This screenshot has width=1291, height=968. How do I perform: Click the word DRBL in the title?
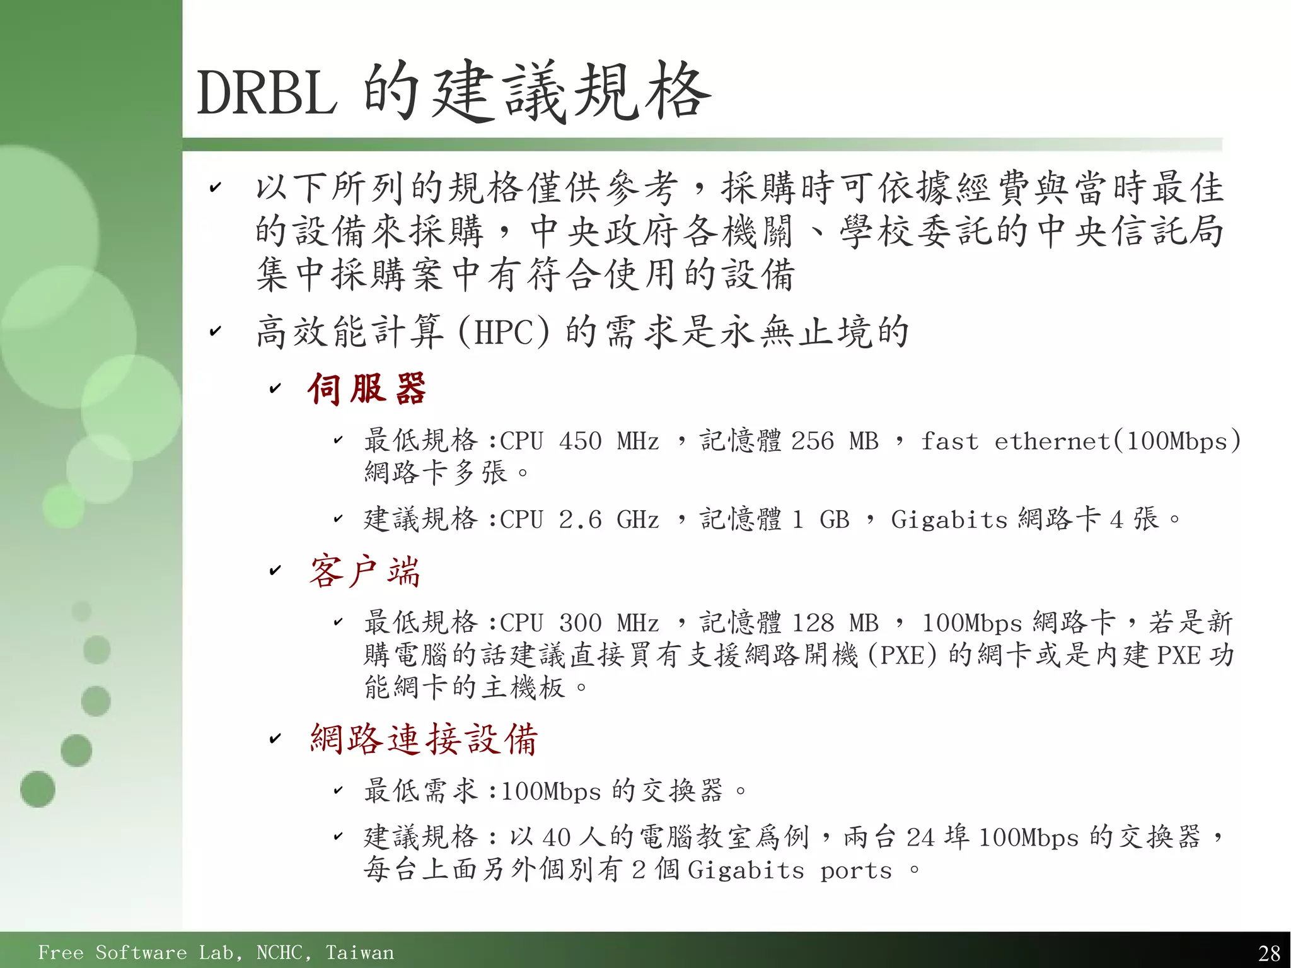point(267,93)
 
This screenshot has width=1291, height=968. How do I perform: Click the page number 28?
point(1269,952)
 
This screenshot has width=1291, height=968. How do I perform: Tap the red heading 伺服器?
point(367,388)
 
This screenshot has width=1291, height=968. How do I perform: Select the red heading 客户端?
point(364,571)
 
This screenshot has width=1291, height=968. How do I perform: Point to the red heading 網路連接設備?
point(424,738)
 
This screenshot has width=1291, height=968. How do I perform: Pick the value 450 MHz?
point(609,441)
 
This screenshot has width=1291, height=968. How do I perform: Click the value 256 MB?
point(835,441)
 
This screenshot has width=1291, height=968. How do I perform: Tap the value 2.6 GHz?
point(609,520)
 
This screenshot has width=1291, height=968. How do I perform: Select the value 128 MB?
point(835,623)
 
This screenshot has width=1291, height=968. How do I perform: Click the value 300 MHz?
point(609,623)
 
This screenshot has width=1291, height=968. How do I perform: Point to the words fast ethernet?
point(1015,441)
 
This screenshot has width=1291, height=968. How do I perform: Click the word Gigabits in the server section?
point(949,520)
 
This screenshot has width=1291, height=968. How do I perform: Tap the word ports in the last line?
point(856,870)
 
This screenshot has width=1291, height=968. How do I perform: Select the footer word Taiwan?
point(359,952)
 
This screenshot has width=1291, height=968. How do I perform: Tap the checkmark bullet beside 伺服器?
point(275,389)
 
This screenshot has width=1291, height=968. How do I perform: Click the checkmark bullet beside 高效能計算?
point(216,331)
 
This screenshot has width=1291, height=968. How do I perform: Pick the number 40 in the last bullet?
point(556,837)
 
